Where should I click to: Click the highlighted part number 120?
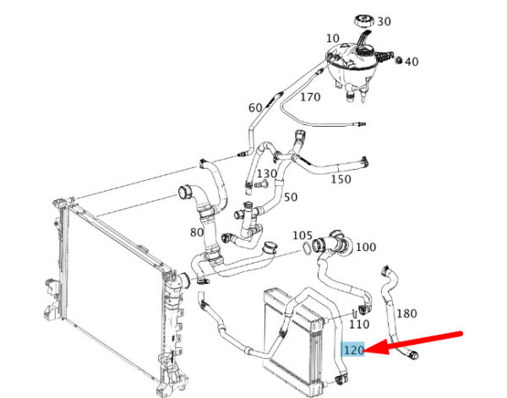[353, 349]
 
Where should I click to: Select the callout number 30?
[384, 21]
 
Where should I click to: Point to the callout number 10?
[331, 38]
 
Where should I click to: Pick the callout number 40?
[412, 62]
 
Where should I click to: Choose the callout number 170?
[310, 97]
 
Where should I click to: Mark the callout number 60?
[255, 107]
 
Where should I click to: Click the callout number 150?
[341, 179]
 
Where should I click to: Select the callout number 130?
[267, 173]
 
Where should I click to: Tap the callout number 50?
[290, 197]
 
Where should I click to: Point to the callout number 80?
[197, 232]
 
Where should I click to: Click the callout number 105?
[303, 235]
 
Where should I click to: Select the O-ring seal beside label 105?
[303, 248]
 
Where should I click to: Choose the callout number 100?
[366, 248]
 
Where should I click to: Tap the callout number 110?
[359, 323]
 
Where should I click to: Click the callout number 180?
[406, 313]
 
